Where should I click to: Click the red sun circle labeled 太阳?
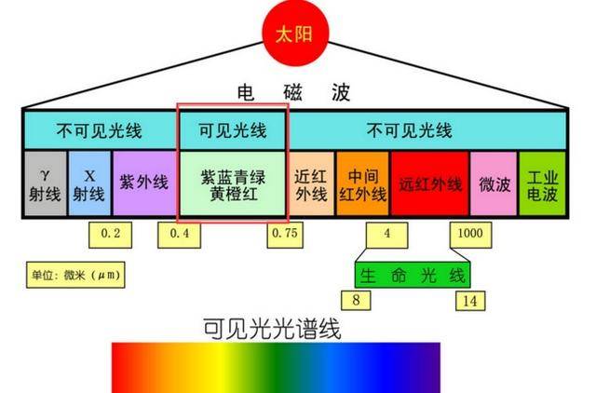[x=295, y=34]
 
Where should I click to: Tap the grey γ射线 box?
[x=46, y=183]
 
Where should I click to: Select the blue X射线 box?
[x=89, y=183]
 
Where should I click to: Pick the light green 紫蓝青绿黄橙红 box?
[x=233, y=183]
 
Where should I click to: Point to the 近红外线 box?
[x=312, y=183]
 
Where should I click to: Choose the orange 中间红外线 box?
[x=363, y=183]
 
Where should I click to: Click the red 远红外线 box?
[x=430, y=183]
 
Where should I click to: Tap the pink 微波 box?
[x=494, y=183]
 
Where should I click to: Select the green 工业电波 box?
[x=542, y=183]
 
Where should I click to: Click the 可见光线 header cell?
[x=233, y=130]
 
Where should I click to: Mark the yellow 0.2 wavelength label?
[x=111, y=235]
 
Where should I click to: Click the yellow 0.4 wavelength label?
[x=180, y=235]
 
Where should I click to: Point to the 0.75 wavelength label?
[x=285, y=235]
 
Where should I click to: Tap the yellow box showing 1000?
[x=470, y=235]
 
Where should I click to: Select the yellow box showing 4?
[x=387, y=235]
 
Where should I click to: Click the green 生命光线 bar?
[x=413, y=275]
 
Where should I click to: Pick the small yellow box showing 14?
[x=470, y=301]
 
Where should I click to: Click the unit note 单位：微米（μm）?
[x=75, y=275]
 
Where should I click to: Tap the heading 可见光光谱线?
[x=272, y=329]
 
